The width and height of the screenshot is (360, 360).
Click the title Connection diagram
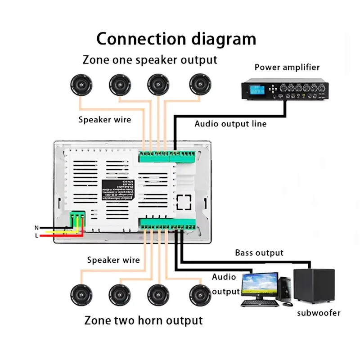(x=176, y=39)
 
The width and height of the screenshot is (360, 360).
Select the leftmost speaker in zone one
(x=81, y=84)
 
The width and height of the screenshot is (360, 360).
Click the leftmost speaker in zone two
(x=81, y=295)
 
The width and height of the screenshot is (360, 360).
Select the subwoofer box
(x=314, y=286)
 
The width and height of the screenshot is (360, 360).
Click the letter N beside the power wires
(x=36, y=228)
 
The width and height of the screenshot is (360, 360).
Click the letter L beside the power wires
(x=36, y=235)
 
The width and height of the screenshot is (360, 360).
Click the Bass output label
(x=259, y=253)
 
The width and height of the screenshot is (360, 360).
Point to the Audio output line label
(x=230, y=124)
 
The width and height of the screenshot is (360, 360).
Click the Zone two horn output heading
(x=144, y=321)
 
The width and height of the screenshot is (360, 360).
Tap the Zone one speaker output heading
(x=150, y=60)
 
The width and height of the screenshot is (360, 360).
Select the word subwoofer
(x=319, y=313)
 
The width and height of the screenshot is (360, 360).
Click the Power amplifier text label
(x=287, y=67)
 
